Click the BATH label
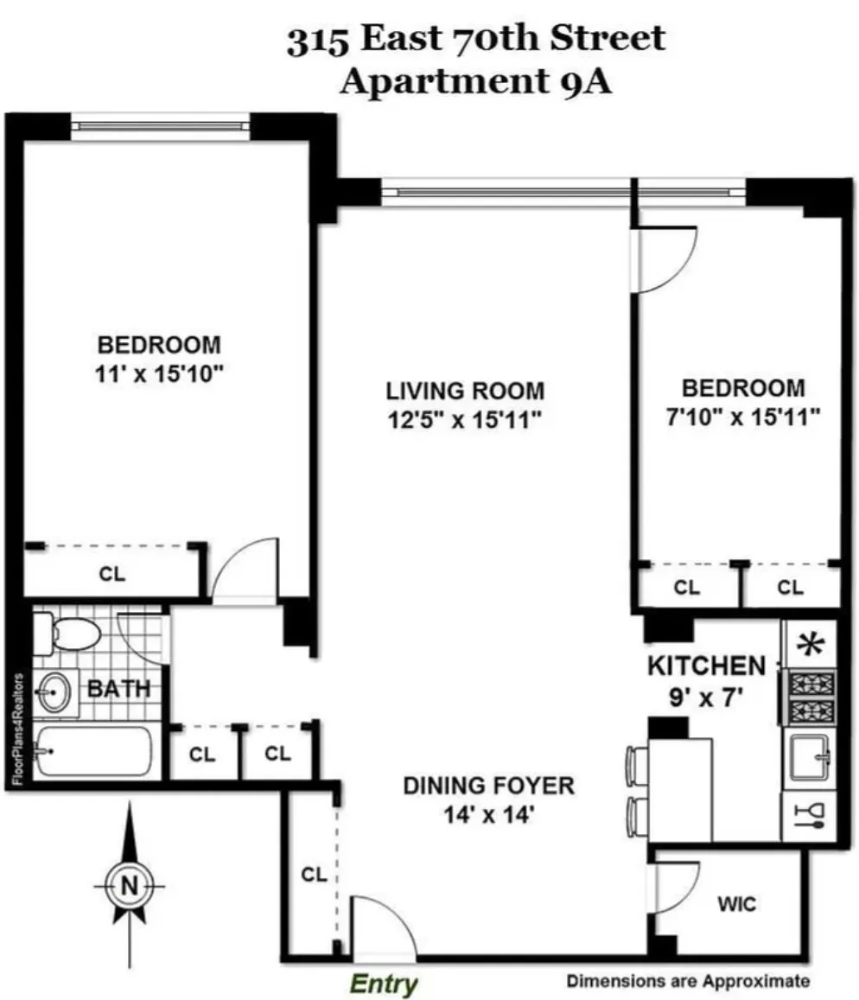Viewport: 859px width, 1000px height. [x=118, y=689]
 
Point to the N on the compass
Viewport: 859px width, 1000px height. [x=129, y=885]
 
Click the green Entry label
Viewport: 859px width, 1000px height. [x=383, y=984]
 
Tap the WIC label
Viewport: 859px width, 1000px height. [x=737, y=905]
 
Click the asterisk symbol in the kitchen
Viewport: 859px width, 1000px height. [x=810, y=644]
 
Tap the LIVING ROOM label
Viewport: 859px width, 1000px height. [x=465, y=390]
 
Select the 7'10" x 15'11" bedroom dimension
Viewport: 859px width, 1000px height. [x=742, y=417]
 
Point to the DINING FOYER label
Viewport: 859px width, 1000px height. [x=488, y=786]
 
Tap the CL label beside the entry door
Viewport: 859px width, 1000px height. [x=314, y=874]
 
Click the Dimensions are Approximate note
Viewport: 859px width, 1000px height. [x=688, y=981]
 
